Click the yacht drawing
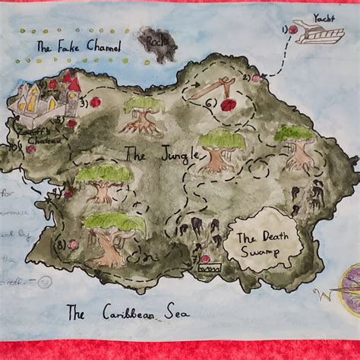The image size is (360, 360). (319, 33)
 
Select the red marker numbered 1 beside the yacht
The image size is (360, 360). (292, 30)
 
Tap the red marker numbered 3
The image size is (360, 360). (95, 102)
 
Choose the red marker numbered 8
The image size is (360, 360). (73, 245)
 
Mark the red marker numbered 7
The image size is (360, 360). (200, 249)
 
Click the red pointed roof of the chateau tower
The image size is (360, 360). (69, 79)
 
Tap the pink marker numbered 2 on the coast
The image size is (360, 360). (256, 77)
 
